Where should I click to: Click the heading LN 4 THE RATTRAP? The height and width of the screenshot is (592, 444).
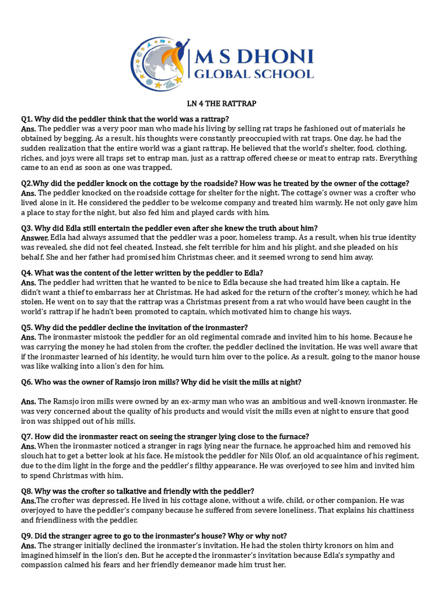(x=221, y=103)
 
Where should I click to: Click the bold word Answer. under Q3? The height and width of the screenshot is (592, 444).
(x=35, y=238)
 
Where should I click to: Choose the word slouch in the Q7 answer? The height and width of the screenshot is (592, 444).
(x=33, y=456)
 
